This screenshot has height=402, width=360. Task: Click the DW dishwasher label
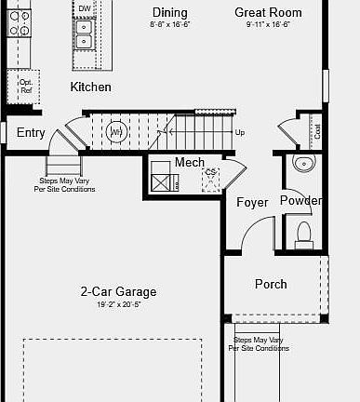85,8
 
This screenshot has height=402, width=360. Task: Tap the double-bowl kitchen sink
85,33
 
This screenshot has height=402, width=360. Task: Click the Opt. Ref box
26,87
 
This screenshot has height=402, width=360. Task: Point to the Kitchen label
90,87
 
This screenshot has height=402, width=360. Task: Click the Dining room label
169,13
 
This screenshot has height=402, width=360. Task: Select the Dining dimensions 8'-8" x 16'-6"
169,24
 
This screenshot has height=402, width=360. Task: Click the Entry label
31,133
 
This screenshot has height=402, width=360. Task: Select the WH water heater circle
116,132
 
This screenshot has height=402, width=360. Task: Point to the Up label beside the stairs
240,132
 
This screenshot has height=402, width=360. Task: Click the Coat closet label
317,131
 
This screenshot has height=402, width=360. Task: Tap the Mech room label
189,163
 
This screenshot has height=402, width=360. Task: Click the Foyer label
252,202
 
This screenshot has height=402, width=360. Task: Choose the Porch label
271,284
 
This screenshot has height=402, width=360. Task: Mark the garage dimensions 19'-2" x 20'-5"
117,303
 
